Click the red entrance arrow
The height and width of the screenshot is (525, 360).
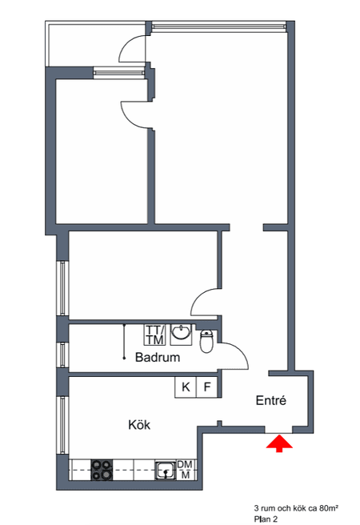tap(279, 443)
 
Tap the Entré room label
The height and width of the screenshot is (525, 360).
tap(271, 400)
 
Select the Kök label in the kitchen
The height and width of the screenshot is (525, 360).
tap(139, 425)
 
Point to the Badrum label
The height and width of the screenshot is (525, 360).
tap(158, 357)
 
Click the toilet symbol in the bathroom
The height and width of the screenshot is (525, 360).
tap(206, 341)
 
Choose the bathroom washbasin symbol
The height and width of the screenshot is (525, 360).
tap(181, 335)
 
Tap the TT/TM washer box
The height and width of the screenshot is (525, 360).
tap(154, 335)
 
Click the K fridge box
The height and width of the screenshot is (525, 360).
tap(186, 387)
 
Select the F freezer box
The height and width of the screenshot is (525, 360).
tap(207, 387)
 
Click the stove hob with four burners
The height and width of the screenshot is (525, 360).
tap(102, 470)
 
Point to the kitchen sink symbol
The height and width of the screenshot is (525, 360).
tap(166, 471)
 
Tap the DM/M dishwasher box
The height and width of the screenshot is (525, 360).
tap(185, 470)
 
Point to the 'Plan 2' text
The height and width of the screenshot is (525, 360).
tap(266, 519)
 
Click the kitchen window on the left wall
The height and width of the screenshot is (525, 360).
tap(62, 425)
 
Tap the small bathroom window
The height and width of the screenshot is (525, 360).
tap(62, 355)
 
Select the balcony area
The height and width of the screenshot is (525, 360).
tap(97, 44)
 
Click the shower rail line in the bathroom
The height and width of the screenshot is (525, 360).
tap(124, 341)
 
